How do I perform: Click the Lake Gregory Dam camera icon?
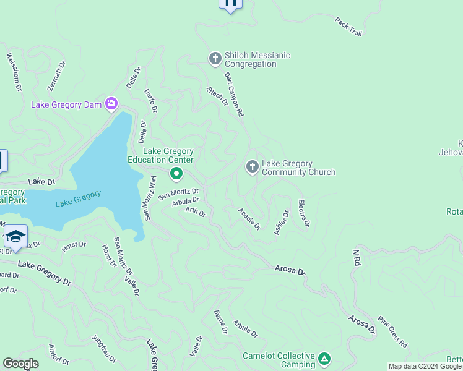pyautogui.click(x=111, y=103)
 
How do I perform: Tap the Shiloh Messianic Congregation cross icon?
pyautogui.click(x=215, y=59)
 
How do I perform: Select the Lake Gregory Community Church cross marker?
pyautogui.click(x=252, y=167)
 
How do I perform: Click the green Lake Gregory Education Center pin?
pyautogui.click(x=176, y=174)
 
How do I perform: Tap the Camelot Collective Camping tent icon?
pyautogui.click(x=324, y=359)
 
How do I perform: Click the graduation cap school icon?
pyautogui.click(x=15, y=236)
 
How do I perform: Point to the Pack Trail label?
pyautogui.click(x=348, y=25)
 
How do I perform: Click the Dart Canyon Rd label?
pyautogui.click(x=234, y=95)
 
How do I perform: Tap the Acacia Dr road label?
pyautogui.click(x=249, y=218)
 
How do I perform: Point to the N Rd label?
pyautogui.click(x=357, y=258)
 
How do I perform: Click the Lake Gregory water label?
pyautogui.click(x=78, y=198)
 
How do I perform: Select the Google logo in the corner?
pyautogui.click(x=21, y=364)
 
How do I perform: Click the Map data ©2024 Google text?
pyautogui.click(x=425, y=366)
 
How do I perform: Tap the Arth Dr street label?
pyautogui.click(x=195, y=212)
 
